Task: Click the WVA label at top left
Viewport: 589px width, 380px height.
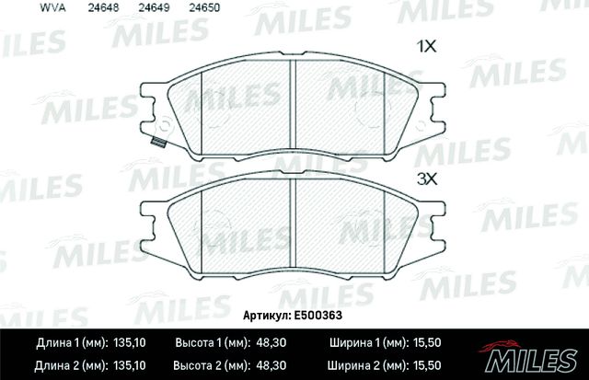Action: click(x=23, y=7)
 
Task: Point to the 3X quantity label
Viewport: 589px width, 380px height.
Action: click(x=426, y=179)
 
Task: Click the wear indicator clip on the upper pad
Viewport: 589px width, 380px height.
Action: click(x=156, y=143)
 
